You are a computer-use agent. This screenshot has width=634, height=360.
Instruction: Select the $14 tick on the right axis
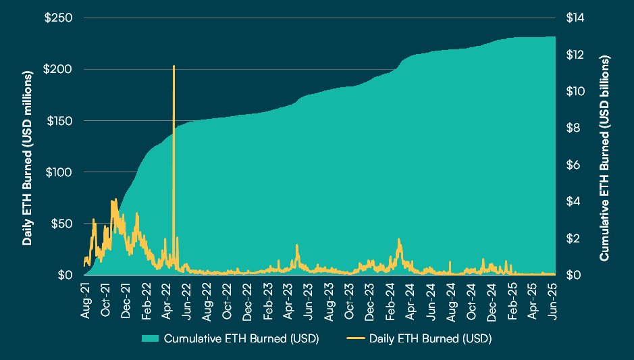point(573,18)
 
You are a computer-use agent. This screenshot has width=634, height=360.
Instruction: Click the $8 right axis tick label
point(571,128)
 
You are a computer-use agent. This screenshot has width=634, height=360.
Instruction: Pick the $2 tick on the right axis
point(571,238)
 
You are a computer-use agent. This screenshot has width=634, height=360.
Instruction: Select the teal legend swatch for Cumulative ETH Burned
point(151,338)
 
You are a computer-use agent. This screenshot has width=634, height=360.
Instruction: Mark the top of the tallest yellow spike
point(174,66)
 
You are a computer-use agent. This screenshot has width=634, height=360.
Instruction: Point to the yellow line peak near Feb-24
point(399,239)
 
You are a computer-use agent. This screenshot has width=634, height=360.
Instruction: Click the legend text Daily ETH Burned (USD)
point(430,338)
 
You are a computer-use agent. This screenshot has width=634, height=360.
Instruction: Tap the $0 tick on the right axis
point(571,275)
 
